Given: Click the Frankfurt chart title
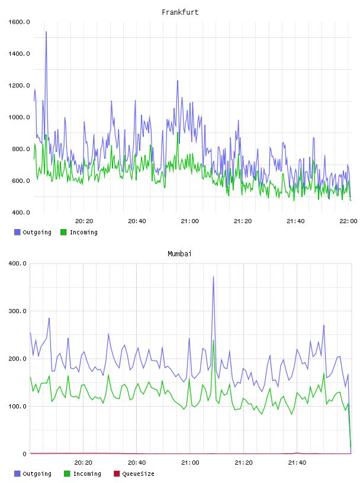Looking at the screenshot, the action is (x=180, y=12).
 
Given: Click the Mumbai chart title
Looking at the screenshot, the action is (x=179, y=254).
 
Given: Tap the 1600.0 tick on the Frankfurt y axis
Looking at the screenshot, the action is (x=19, y=22).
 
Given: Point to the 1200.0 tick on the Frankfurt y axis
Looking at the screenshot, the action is (x=19, y=85).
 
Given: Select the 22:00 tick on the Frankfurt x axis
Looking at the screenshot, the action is (x=348, y=221).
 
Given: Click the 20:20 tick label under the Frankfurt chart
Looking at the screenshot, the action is (x=84, y=221).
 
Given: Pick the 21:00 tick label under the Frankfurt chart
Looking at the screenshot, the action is (x=190, y=221).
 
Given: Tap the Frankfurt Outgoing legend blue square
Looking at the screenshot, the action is (x=17, y=232).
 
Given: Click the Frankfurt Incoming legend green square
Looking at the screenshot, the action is (x=63, y=232).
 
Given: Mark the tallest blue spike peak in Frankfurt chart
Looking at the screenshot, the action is (x=46, y=32).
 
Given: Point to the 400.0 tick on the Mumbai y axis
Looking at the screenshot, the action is (x=18, y=263).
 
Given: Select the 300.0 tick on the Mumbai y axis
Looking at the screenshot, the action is (x=18, y=311).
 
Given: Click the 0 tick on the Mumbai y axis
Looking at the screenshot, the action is (x=25, y=454).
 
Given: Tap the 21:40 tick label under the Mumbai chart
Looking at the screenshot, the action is (x=297, y=463).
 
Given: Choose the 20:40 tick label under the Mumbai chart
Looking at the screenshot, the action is (x=137, y=463).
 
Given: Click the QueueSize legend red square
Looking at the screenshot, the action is (x=117, y=474).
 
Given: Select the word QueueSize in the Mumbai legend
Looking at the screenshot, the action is (x=138, y=474).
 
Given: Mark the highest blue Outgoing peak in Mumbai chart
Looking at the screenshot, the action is (x=213, y=277).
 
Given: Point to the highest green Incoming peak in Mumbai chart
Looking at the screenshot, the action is (x=213, y=340).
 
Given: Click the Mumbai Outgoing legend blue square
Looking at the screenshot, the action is (x=17, y=474).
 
